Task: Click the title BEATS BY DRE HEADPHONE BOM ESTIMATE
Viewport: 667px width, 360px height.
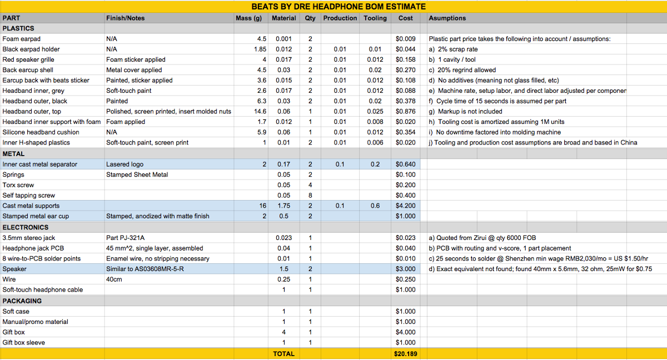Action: coord(339,7)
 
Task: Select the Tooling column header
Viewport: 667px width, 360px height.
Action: coord(375,18)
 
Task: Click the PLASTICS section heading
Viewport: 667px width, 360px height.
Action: coord(18,28)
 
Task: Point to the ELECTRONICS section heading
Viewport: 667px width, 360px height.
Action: coord(26,227)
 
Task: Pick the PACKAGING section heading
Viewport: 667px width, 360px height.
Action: coord(22,301)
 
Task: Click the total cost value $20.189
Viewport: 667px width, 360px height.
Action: coord(406,354)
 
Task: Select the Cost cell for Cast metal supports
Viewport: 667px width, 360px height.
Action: coord(406,206)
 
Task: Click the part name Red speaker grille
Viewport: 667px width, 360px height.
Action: coord(26,59)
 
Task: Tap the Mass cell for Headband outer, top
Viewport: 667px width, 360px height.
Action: coord(260,112)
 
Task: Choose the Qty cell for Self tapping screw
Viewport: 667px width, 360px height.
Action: coord(310,196)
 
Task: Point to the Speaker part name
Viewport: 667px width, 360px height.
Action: coord(14,269)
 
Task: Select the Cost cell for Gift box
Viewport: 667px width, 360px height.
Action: coord(406,332)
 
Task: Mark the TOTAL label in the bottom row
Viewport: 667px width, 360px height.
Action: coord(283,354)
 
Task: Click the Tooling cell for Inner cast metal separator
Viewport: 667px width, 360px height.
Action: coord(375,164)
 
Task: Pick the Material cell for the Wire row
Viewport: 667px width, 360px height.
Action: coord(283,279)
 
